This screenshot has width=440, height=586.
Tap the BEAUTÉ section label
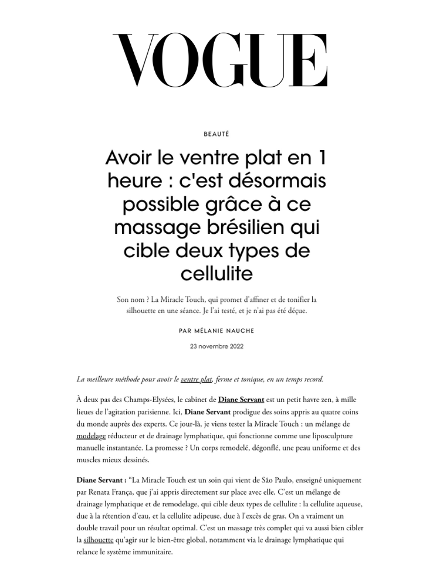[216, 134]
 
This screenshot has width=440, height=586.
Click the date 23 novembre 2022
[216, 346]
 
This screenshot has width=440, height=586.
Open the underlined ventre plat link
[197, 379]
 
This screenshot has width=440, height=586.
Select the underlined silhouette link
[100, 539]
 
